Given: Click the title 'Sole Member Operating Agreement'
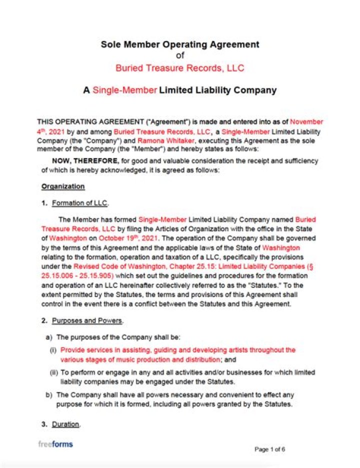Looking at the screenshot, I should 180,44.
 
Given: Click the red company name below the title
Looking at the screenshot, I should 180,67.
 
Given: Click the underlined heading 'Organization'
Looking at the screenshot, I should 63,186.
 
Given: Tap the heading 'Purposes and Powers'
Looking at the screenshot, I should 87,320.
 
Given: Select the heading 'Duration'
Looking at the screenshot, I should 65,424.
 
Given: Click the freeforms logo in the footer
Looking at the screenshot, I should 55,444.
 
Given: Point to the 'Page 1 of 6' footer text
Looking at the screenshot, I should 270,449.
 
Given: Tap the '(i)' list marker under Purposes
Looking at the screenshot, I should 53,350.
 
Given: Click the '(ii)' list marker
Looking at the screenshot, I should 53,372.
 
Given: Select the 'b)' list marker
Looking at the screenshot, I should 48,394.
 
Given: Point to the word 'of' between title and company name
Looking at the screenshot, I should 180,55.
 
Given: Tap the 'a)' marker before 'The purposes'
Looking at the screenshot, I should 48,337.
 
